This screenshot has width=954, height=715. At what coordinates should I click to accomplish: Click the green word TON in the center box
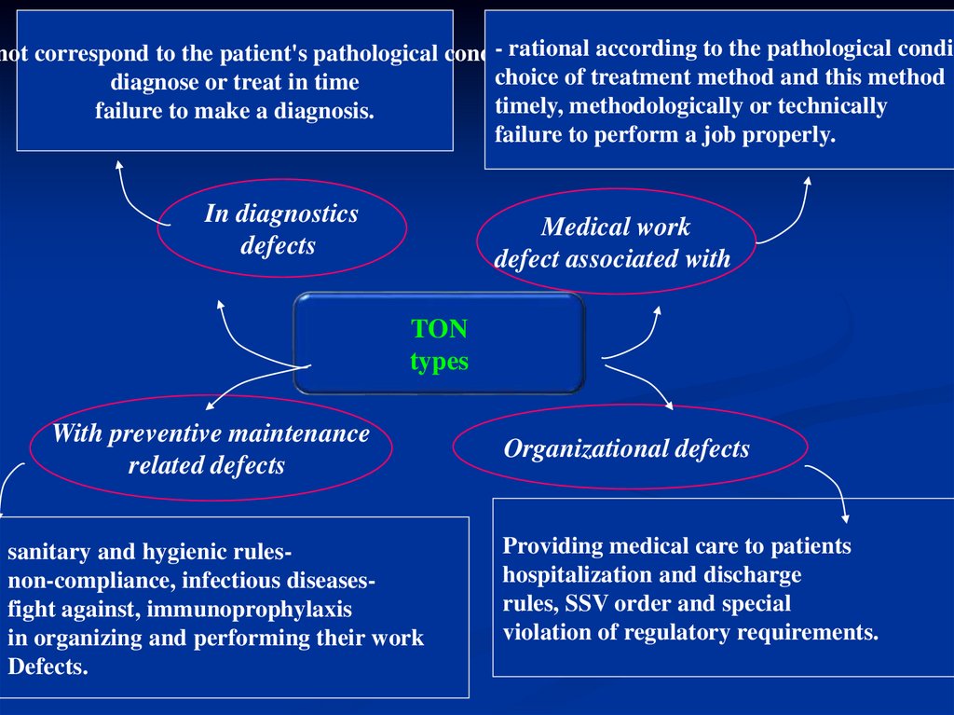(x=439, y=329)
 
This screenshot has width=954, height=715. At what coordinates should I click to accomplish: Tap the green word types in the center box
(x=439, y=361)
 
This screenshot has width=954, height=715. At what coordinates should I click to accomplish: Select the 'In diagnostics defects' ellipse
(x=281, y=229)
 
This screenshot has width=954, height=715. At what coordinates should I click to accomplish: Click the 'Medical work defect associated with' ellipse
(x=615, y=242)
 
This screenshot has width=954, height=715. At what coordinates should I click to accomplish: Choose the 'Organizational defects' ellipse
(x=629, y=448)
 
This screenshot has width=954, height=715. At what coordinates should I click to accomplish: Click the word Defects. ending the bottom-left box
(x=48, y=667)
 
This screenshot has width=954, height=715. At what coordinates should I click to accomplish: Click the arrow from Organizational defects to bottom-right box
(x=834, y=489)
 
